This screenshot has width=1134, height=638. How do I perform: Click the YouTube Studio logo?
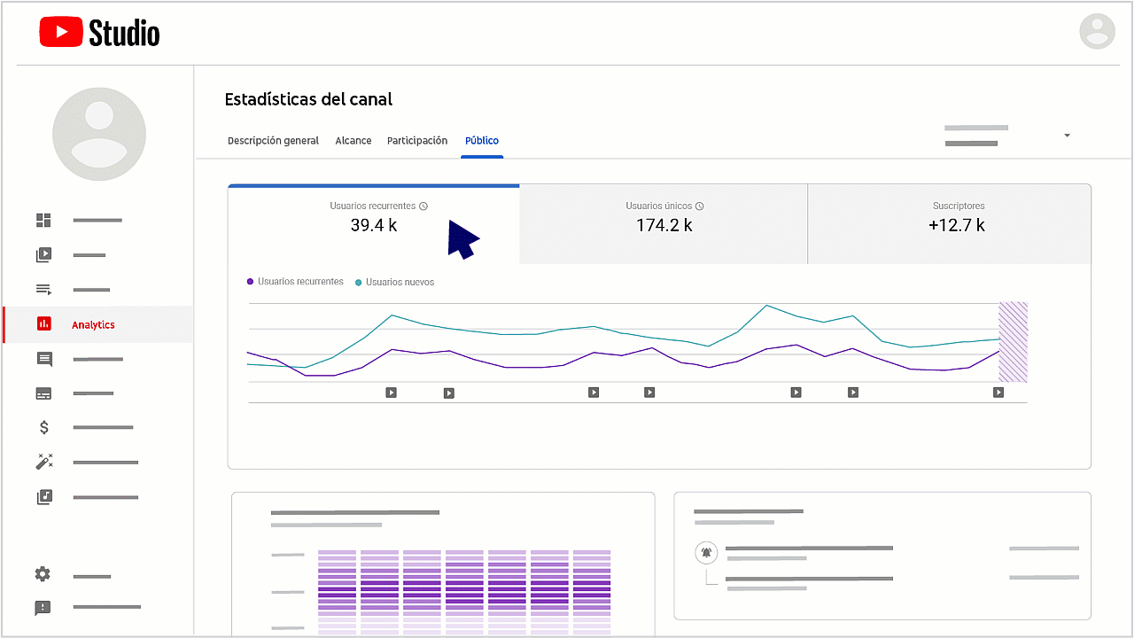(99, 34)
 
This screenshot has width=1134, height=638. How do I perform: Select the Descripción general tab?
(273, 141)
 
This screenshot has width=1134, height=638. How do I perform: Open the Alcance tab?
(353, 141)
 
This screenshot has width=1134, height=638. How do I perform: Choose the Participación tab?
(417, 141)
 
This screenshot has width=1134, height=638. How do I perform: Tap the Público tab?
(482, 141)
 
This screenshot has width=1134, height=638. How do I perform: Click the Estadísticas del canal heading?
(308, 99)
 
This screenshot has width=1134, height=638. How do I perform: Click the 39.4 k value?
(374, 225)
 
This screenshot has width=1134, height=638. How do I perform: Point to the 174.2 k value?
(664, 225)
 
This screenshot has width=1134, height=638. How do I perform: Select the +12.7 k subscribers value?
(956, 225)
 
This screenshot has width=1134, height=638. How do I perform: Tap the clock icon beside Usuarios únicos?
(700, 206)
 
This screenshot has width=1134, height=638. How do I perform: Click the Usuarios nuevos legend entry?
(395, 282)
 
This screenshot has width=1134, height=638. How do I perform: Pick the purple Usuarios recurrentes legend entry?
(295, 282)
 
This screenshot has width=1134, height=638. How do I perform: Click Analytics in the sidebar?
(93, 325)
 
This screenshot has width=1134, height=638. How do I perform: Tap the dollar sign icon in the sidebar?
(43, 428)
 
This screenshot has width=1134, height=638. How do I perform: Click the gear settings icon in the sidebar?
(43, 574)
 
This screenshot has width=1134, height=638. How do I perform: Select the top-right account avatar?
(1097, 31)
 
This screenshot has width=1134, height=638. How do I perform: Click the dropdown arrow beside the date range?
(1067, 136)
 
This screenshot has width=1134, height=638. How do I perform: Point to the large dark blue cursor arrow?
(462, 239)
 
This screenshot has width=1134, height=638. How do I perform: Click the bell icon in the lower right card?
(706, 553)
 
